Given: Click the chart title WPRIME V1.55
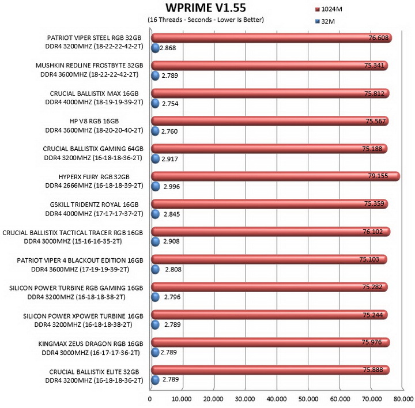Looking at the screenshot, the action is [x=206, y=8].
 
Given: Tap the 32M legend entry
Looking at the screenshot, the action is [x=325, y=21].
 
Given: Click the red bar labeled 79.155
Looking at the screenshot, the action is [x=276, y=176].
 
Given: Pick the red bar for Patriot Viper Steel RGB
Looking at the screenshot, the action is [x=271, y=38].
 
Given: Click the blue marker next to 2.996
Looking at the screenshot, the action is [x=156, y=186].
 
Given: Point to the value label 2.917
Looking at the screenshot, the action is [x=169, y=159].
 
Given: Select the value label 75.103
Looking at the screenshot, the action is [x=369, y=259].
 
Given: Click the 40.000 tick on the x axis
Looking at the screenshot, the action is [x=277, y=399].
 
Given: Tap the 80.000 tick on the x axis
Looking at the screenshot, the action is [x=403, y=399].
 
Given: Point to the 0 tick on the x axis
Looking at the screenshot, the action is [x=150, y=399].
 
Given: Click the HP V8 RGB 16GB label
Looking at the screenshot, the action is [x=94, y=121].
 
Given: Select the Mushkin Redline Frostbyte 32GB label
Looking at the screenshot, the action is [x=89, y=65].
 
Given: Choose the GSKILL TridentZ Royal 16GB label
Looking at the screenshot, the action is [x=94, y=205].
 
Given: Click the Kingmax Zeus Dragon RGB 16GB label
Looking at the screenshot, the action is [x=91, y=343].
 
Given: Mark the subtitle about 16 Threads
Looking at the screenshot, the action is [x=206, y=20].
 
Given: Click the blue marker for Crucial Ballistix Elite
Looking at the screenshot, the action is [x=155, y=380].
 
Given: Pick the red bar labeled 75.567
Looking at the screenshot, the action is [x=270, y=121].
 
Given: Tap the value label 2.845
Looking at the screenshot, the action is [x=172, y=214].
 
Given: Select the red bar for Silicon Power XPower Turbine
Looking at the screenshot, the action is [x=269, y=315].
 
